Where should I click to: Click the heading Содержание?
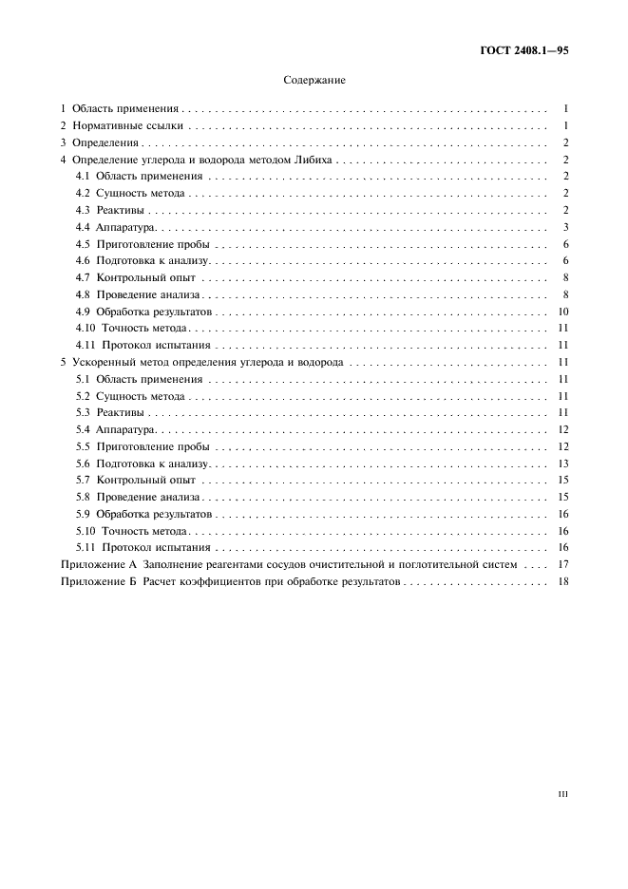314,81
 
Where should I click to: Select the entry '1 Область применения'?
121,109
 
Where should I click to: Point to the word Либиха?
313,160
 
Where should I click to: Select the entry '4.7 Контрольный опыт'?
135,277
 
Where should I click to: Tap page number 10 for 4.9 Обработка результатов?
562,312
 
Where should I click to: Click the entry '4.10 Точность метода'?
132,329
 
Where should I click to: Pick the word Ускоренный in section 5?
100,362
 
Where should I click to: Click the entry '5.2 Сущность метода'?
130,396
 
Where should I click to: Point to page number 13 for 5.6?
562,463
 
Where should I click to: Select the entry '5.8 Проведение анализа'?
137,497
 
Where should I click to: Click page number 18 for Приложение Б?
562,581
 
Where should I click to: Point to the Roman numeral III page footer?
562,794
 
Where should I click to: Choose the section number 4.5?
83,243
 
